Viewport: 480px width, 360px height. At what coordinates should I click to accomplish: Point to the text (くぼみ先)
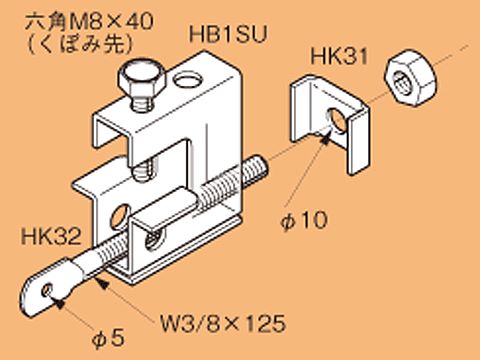coord(70,45)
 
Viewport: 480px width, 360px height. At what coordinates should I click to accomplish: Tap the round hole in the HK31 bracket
coord(332,123)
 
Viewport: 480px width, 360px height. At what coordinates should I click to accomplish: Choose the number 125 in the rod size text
coord(264,323)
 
